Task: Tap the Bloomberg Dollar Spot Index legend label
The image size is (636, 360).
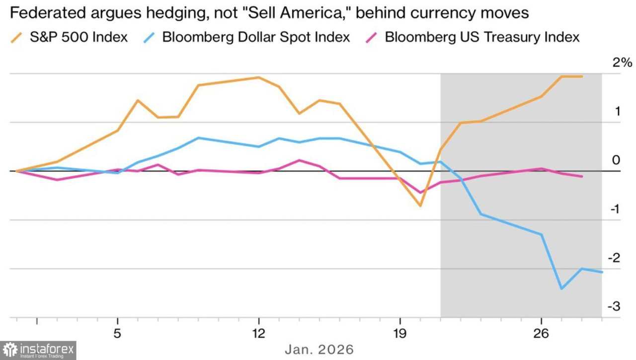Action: tap(256, 37)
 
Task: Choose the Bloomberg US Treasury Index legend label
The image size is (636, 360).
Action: tap(482, 37)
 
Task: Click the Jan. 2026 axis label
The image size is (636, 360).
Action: tap(319, 350)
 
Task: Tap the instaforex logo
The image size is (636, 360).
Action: tap(38, 350)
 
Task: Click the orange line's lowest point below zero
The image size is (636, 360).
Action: tap(420, 205)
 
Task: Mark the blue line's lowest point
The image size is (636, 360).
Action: tap(561, 288)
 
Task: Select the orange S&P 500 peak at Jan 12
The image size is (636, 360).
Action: tap(258, 77)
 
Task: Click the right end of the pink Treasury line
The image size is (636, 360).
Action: tap(582, 176)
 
